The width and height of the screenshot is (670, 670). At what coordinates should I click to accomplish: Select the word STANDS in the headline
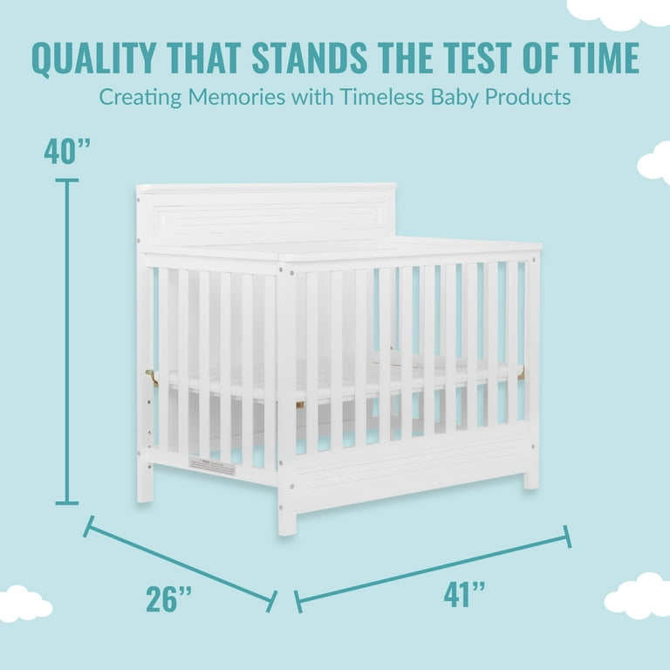click(310, 58)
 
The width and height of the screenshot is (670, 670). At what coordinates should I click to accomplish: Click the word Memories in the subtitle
click(236, 97)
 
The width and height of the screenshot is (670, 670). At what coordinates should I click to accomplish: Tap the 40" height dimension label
click(67, 151)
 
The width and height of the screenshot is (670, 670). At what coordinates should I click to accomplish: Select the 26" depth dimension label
click(168, 599)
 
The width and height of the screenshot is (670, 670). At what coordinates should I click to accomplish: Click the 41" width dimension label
click(464, 594)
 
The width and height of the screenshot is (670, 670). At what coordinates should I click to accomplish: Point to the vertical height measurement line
click(67, 342)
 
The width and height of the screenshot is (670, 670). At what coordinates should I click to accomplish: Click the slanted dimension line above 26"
click(181, 564)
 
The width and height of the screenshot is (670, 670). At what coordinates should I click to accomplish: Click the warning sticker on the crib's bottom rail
click(212, 466)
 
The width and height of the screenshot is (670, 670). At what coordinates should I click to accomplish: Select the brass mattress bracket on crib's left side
click(152, 378)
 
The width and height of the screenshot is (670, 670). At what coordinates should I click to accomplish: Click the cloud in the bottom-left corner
click(24, 604)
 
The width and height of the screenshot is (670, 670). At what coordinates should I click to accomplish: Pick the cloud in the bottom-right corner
click(639, 596)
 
